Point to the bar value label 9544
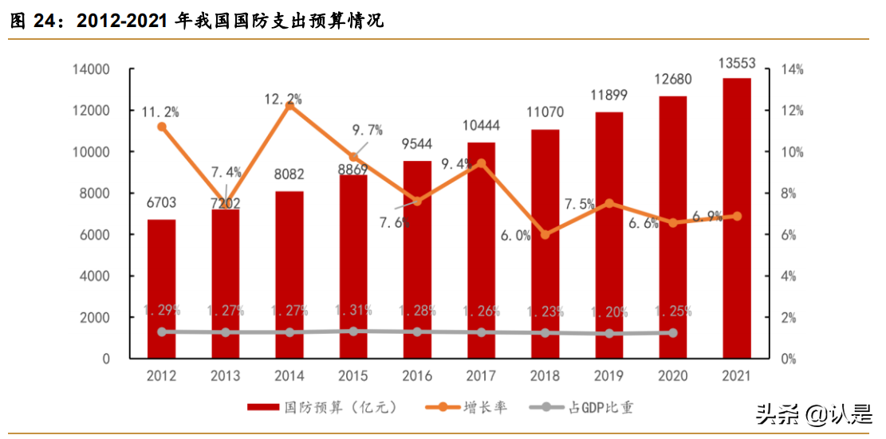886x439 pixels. pyautogui.click(x=417, y=144)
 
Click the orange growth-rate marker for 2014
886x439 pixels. pyautogui.click(x=289, y=105)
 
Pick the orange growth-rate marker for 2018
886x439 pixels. pyautogui.click(x=545, y=234)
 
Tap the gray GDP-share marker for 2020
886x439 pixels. pyautogui.click(x=672, y=333)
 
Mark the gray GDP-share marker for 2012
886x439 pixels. pyautogui.click(x=161, y=331)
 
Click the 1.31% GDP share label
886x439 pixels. pyautogui.click(x=353, y=311)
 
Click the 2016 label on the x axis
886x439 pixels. pyautogui.click(x=417, y=375)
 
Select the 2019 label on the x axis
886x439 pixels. pyautogui.click(x=608, y=375)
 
